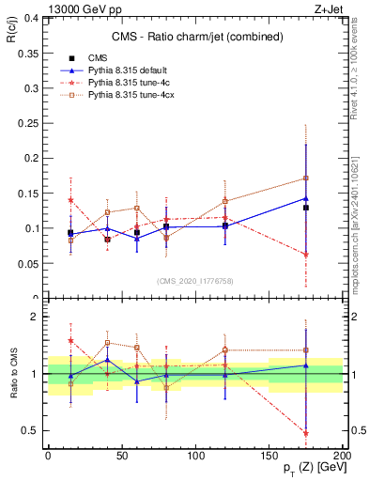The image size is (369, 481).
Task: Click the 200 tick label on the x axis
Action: point(343,456)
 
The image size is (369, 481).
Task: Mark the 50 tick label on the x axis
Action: point(121,456)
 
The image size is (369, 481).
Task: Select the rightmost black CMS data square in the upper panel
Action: point(306,208)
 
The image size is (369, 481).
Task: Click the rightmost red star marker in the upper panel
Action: point(306,254)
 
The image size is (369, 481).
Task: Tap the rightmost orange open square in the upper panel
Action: point(306,178)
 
